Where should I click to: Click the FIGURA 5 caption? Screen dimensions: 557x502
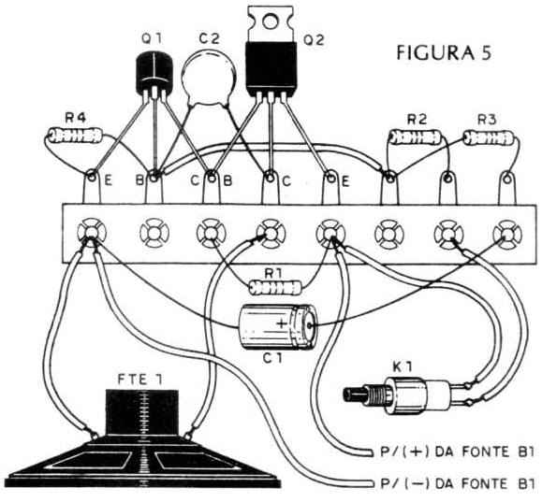pos(444,53)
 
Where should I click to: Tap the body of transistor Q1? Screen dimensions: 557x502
pos(154,73)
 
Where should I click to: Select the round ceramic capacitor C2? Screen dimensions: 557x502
pos(209,78)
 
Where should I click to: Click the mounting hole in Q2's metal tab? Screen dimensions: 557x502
pos(271,22)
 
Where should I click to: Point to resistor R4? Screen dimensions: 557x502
pos(75,135)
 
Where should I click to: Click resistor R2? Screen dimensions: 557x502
pos(416,136)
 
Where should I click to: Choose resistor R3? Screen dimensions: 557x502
pos(489,137)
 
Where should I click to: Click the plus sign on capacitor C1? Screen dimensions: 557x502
pos(282,323)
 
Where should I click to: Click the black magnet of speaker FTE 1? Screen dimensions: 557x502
pos(142,412)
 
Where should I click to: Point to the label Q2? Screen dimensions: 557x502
pos(314,40)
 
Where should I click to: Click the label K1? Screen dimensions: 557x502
pos(403,367)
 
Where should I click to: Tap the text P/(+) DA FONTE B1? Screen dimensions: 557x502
pos(458,452)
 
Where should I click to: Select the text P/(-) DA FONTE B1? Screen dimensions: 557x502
pos(458,483)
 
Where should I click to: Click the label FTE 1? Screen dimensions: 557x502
pos(140,380)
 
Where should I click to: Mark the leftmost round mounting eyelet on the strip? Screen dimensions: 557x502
pos(92,233)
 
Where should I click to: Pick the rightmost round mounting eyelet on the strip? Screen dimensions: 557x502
pos(507,234)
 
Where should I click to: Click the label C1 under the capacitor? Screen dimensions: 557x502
pos(272,358)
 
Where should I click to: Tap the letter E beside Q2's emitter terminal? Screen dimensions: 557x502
pos(345,181)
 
